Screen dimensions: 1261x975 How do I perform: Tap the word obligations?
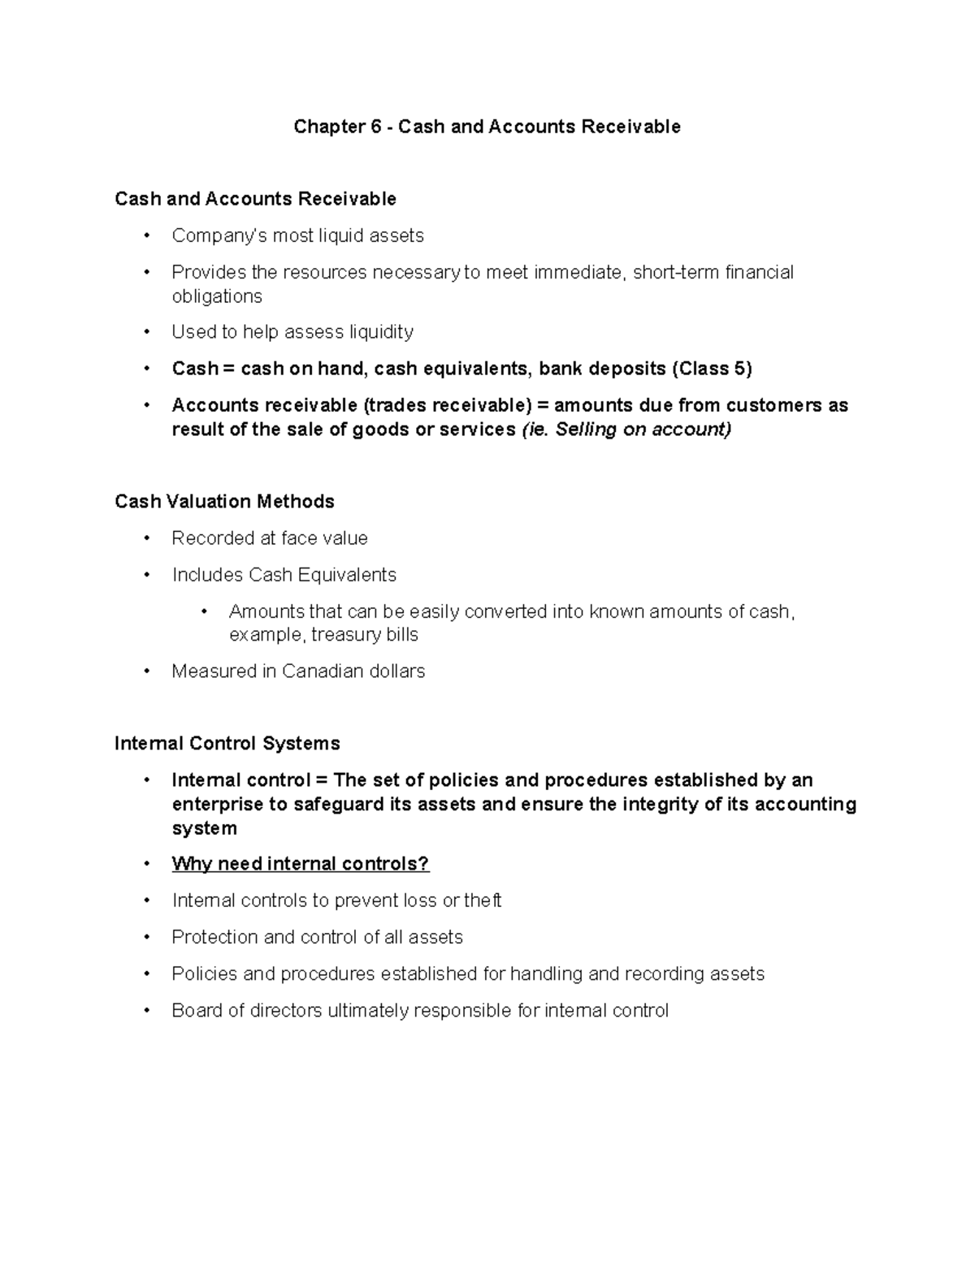(217, 296)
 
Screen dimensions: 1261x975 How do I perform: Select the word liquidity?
(381, 332)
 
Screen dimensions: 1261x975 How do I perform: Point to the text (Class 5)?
(712, 369)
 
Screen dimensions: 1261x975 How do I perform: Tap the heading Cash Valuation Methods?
(225, 502)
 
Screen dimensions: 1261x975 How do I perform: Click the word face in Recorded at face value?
(300, 538)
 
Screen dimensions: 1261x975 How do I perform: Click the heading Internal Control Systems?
(227, 744)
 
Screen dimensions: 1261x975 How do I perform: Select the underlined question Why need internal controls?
(300, 864)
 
